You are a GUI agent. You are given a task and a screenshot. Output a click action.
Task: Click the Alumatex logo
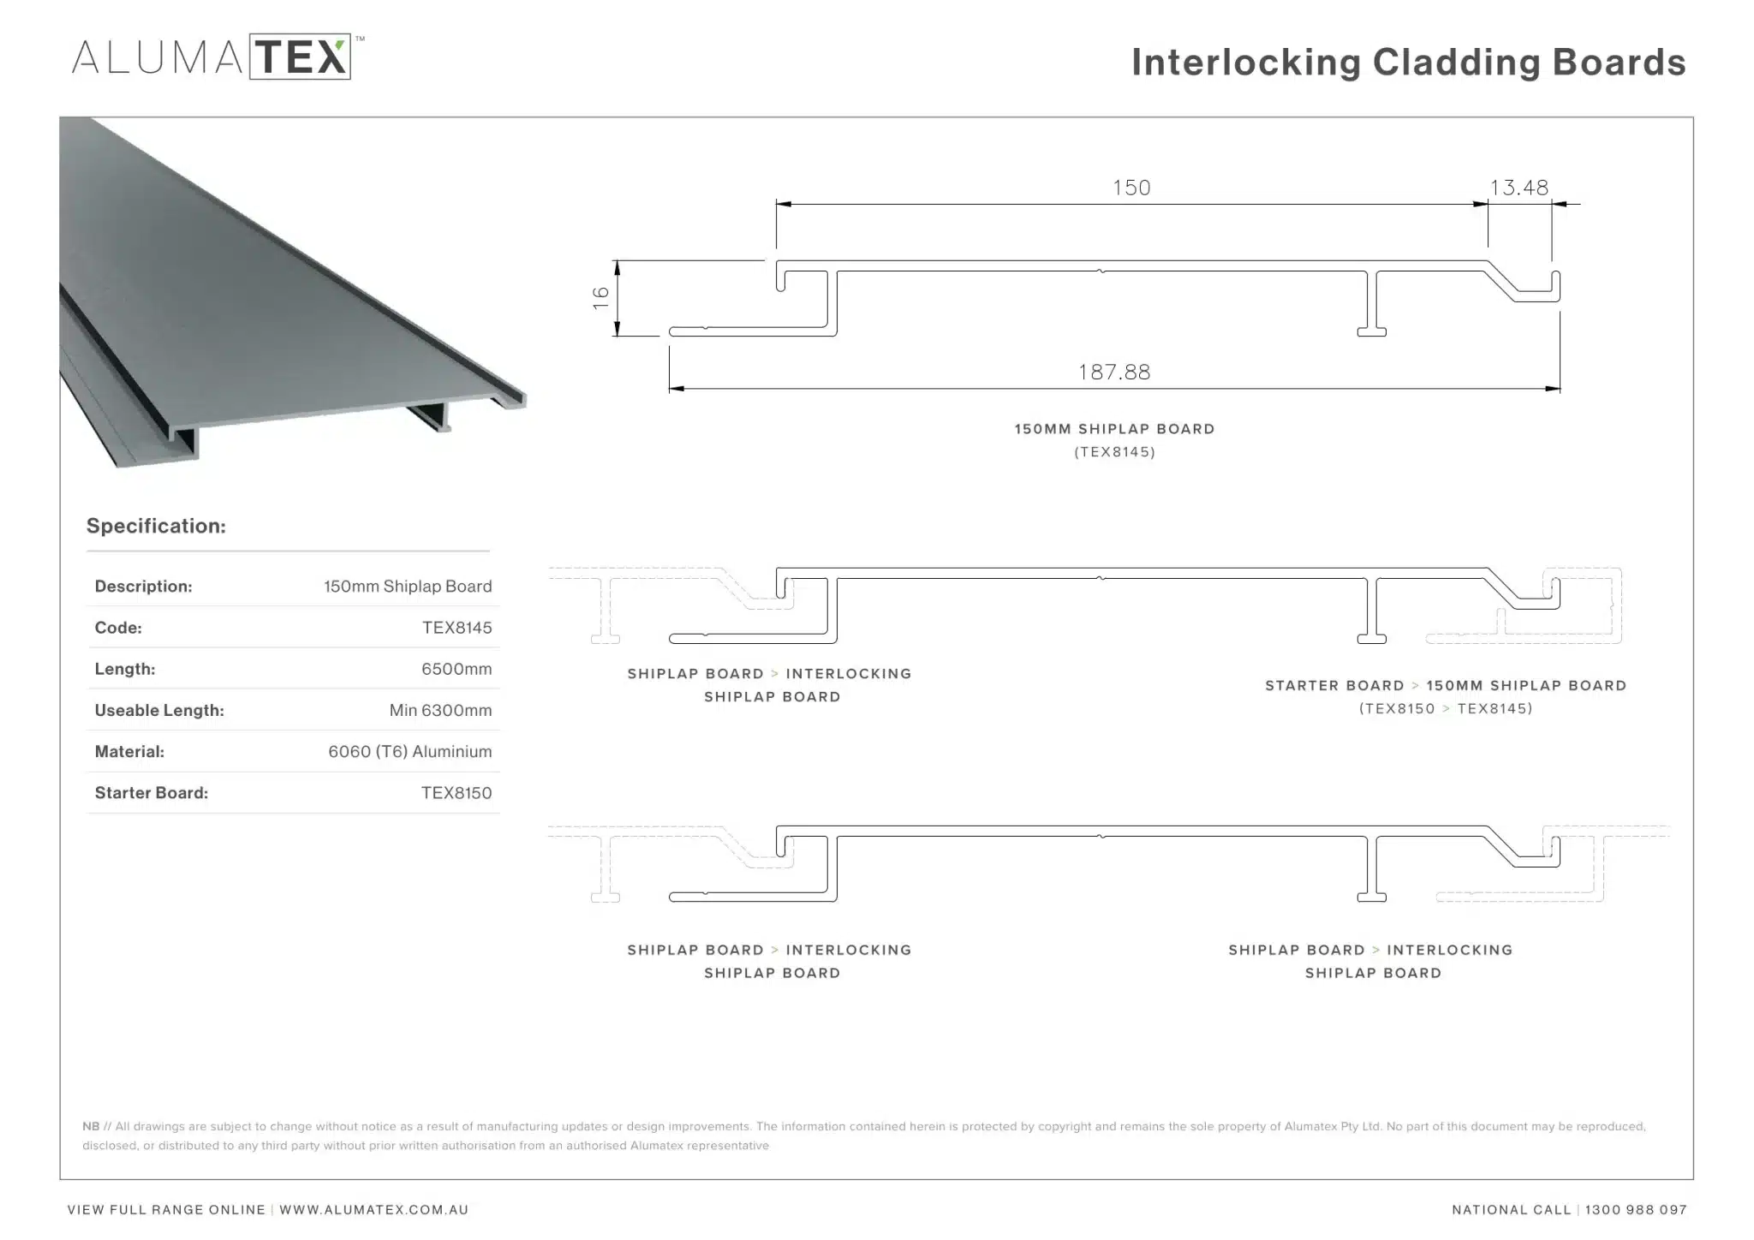pyautogui.click(x=218, y=57)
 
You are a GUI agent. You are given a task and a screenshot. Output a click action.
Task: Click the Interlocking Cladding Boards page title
pyautogui.click(x=1409, y=63)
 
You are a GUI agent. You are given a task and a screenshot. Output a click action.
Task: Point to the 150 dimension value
pyautogui.click(x=1131, y=188)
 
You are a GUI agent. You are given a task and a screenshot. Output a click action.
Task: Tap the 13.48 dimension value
pyautogui.click(x=1519, y=188)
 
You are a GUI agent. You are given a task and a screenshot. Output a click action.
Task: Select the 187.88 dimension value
pyautogui.click(x=1114, y=372)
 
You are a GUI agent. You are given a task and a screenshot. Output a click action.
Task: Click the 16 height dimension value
pyautogui.click(x=600, y=297)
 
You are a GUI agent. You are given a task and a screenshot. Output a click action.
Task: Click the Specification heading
pyautogui.click(x=156, y=526)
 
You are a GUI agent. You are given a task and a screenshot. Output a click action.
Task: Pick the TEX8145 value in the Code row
pyautogui.click(x=456, y=628)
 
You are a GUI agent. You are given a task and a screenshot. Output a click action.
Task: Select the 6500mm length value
pyautogui.click(x=456, y=669)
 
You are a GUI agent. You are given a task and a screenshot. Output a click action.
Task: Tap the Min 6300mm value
pyautogui.click(x=440, y=710)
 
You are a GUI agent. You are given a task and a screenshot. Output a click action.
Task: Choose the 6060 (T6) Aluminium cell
pyautogui.click(x=410, y=751)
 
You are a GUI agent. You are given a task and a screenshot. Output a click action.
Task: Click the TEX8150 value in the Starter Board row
pyautogui.click(x=456, y=793)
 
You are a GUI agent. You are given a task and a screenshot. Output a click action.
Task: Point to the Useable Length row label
pyautogui.click(x=159, y=710)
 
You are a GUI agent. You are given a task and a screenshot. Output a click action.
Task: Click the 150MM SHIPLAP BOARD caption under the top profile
pyautogui.click(x=1114, y=429)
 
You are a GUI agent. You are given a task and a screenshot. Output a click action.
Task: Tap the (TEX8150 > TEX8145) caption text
pyautogui.click(x=1446, y=708)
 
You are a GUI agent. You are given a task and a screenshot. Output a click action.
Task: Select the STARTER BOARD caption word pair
pyautogui.click(x=1334, y=686)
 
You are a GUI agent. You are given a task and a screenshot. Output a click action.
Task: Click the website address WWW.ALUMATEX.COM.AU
pyautogui.click(x=373, y=1210)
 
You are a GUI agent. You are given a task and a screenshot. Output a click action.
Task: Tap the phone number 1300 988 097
pyautogui.click(x=1636, y=1210)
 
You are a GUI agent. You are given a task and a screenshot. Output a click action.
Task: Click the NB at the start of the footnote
pyautogui.click(x=91, y=1126)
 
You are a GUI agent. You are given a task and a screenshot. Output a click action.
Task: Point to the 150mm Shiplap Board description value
pyautogui.click(x=408, y=587)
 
